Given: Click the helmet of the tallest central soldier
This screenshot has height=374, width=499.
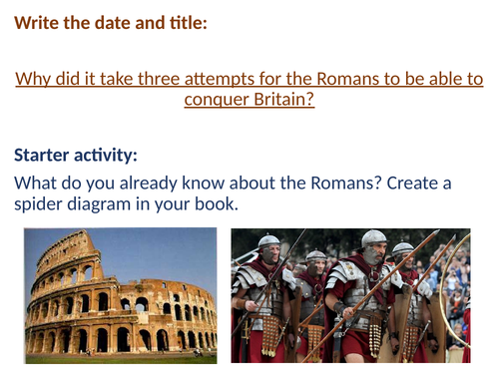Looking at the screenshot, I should [373, 239].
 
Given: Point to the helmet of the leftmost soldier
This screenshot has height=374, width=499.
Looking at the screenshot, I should [268, 242].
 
